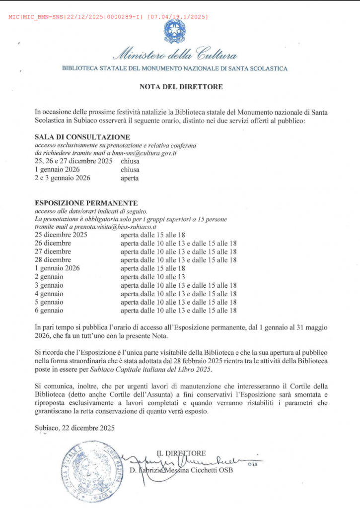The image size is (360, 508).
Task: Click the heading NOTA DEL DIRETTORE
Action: (x=181, y=87)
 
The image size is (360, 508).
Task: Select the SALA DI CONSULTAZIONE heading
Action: (x=82, y=137)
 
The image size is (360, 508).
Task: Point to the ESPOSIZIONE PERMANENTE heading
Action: (x=86, y=203)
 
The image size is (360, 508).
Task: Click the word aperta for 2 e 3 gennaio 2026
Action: (x=130, y=178)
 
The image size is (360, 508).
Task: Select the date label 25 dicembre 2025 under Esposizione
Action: (x=61, y=235)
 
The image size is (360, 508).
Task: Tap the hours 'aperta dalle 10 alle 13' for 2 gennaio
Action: (x=152, y=276)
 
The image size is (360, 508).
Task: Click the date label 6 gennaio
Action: (x=49, y=310)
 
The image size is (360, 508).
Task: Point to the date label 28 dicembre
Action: (x=53, y=259)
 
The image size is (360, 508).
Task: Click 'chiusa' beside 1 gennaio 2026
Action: (x=130, y=169)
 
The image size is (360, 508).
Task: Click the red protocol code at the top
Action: (x=108, y=17)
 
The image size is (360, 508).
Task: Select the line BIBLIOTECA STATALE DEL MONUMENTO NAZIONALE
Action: (x=174, y=68)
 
